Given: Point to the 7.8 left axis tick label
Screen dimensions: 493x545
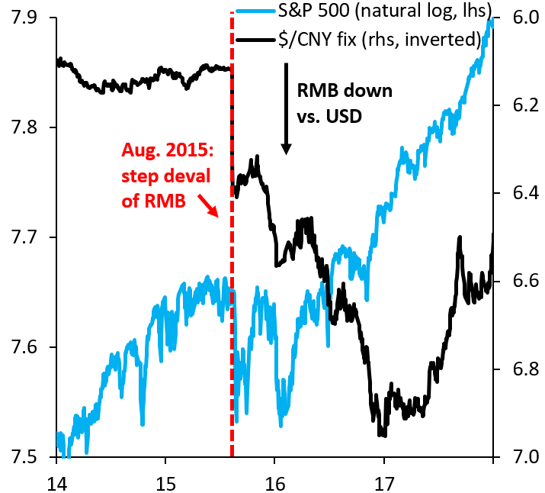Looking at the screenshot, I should (23, 127).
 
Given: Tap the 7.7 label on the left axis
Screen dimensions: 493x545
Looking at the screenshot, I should (23, 237).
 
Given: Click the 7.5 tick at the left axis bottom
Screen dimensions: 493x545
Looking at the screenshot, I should (23, 457).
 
